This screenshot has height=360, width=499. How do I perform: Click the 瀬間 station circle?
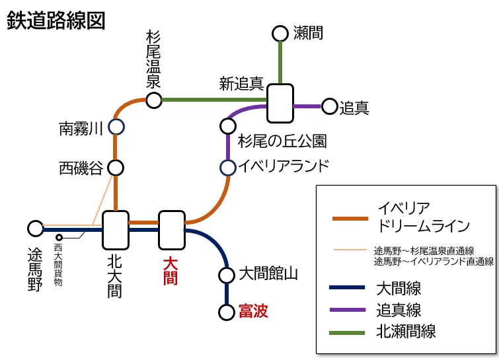click(x=280, y=34)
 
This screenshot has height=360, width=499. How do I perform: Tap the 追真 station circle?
click(x=329, y=106)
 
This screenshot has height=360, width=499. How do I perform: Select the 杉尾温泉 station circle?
click(x=154, y=100)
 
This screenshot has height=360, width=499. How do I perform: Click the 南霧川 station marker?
click(x=116, y=127)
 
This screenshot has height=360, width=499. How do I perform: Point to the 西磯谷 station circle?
click(x=116, y=168)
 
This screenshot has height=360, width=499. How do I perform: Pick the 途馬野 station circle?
click(x=35, y=229)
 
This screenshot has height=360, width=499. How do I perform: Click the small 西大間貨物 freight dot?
click(x=59, y=238)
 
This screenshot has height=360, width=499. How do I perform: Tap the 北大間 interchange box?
click(x=116, y=230)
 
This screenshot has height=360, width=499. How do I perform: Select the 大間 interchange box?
click(x=172, y=230)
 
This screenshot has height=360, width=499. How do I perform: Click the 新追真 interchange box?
click(x=280, y=103)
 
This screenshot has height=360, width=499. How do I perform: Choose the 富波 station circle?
click(x=227, y=312)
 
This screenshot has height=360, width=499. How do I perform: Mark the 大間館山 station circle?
click(x=227, y=275)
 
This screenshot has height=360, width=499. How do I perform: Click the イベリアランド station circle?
click(x=228, y=168)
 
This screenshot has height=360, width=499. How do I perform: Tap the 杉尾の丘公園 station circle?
click(x=228, y=126)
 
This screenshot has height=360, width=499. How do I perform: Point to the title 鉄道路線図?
click(x=56, y=20)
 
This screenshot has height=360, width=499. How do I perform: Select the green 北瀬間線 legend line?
click(x=347, y=333)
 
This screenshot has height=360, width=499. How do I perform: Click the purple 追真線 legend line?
click(x=347, y=310)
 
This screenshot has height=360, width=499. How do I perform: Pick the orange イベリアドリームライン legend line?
click(x=350, y=219)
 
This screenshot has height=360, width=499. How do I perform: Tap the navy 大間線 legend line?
click(x=347, y=288)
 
